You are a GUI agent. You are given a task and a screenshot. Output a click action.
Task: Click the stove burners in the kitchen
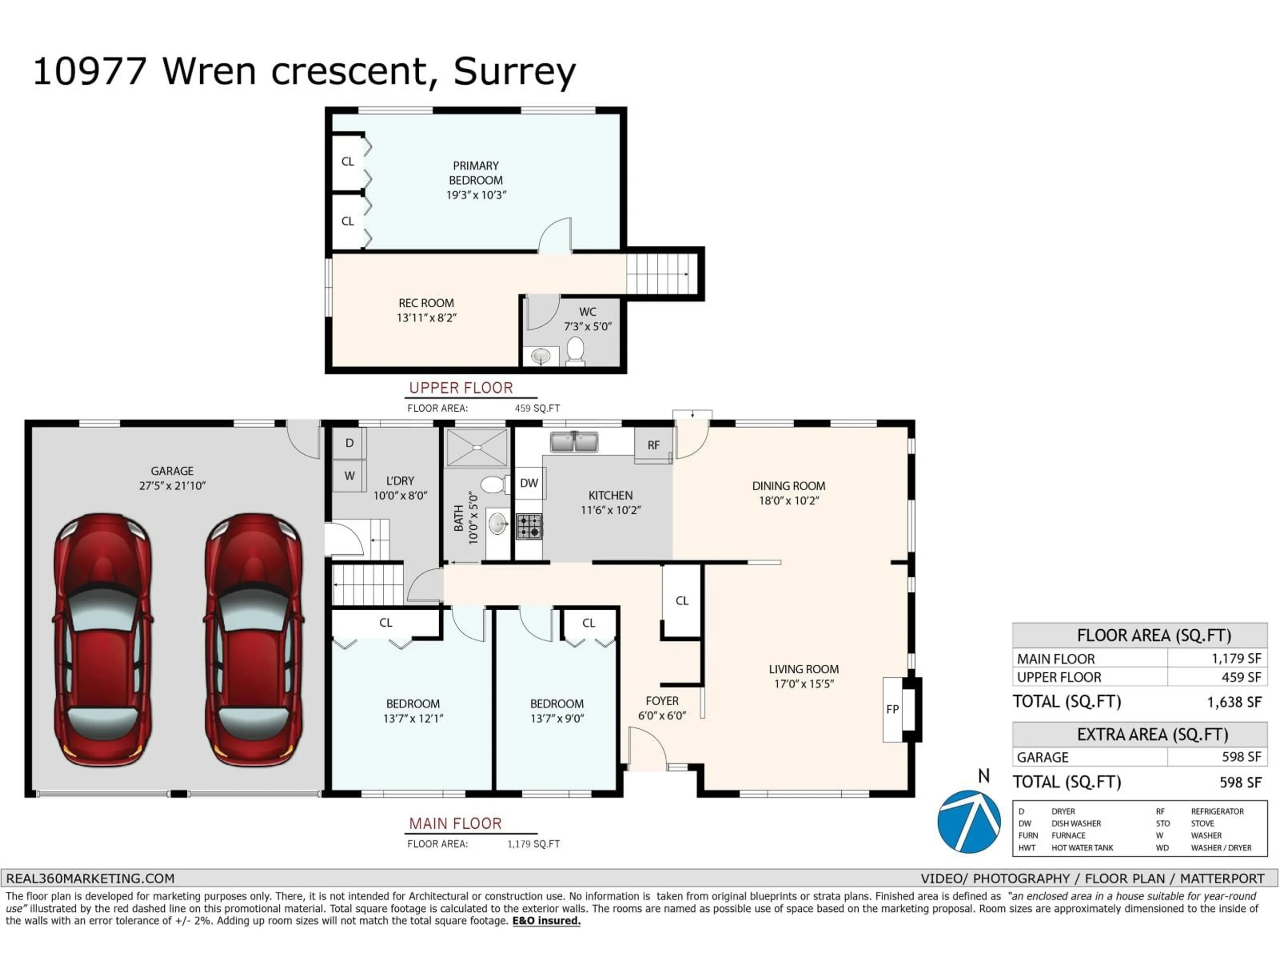point(529,526)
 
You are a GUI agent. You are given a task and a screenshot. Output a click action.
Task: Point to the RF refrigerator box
point(653,445)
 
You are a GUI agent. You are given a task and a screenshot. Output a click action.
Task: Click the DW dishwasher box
point(529,483)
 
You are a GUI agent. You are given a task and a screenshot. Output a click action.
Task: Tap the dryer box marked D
point(349,444)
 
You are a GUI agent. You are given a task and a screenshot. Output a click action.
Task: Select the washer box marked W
point(349,476)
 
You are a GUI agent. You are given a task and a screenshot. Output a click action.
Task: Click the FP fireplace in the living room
point(892,709)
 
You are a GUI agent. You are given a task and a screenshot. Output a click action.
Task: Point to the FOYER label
point(662,701)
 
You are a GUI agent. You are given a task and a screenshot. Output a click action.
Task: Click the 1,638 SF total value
point(1234,702)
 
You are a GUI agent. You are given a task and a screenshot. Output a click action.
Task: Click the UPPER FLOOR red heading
point(461,388)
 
